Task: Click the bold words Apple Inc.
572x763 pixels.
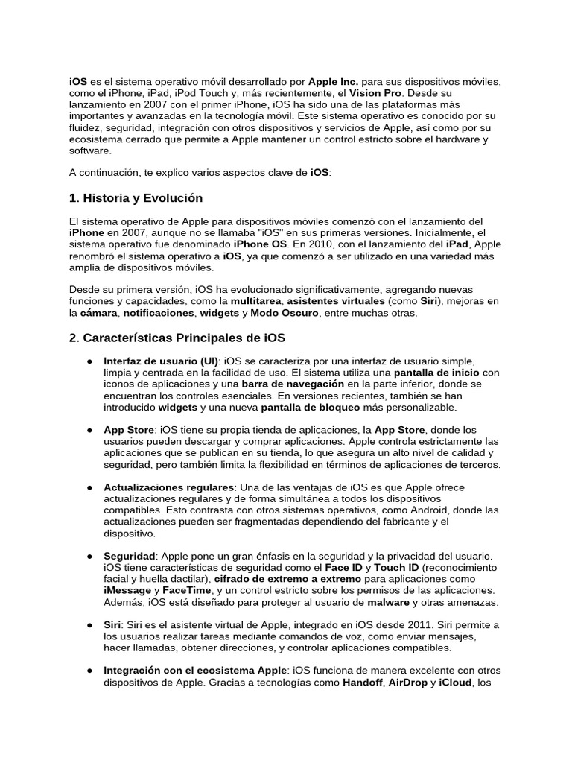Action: [x=333, y=80]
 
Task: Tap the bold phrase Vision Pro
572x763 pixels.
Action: [x=375, y=92]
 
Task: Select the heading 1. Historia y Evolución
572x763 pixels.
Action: [x=136, y=198]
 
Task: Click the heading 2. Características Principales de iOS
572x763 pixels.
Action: [x=177, y=338]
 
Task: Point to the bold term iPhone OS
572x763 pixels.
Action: [x=259, y=244]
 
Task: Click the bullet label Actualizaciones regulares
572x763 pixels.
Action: [x=168, y=487]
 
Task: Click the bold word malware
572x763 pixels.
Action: [x=389, y=602]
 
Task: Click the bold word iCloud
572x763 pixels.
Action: [x=455, y=683]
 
